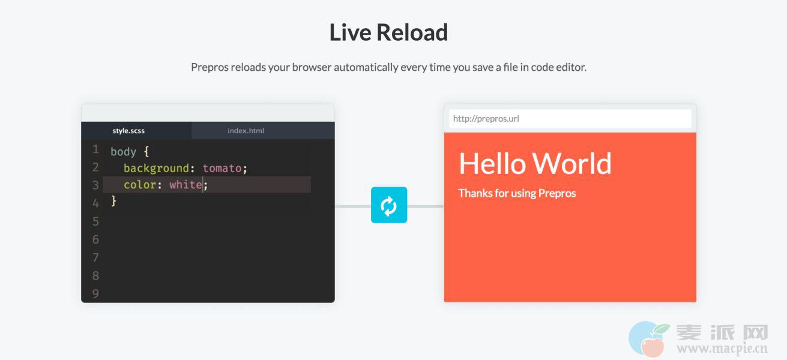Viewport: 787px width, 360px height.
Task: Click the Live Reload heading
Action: click(388, 32)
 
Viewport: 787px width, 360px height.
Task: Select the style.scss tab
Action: click(128, 131)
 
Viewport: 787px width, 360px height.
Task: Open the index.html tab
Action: click(246, 131)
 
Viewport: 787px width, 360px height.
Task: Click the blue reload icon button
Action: click(389, 205)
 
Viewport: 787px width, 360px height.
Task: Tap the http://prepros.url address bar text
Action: click(486, 119)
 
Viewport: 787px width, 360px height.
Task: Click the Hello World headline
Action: click(535, 164)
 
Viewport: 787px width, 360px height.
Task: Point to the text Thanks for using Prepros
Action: click(517, 193)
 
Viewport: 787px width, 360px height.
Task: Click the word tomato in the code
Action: click(222, 168)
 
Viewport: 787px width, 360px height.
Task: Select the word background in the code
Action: click(156, 169)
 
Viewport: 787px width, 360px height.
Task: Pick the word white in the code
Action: click(185, 184)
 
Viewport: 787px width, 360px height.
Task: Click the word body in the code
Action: click(123, 152)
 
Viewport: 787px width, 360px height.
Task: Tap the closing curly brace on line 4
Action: click(113, 201)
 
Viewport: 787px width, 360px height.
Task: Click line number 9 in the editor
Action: click(95, 293)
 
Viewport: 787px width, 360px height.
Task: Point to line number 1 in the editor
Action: click(95, 149)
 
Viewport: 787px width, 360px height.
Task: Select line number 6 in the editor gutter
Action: click(95, 239)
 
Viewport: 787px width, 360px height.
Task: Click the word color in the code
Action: click(140, 184)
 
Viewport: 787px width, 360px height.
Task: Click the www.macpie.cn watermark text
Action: click(722, 349)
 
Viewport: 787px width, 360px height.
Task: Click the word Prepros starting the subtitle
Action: click(210, 67)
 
